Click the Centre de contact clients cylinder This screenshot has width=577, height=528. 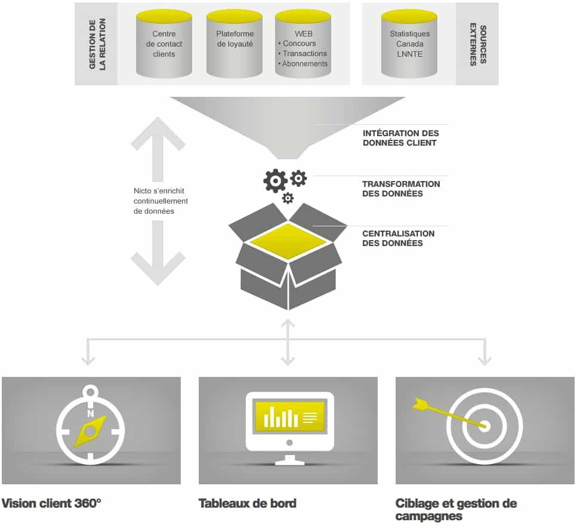[163, 44]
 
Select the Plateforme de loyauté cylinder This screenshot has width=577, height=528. [234, 44]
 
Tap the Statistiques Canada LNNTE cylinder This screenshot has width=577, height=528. [409, 44]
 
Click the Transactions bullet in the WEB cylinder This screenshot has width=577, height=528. [303, 53]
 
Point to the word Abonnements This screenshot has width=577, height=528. [305, 64]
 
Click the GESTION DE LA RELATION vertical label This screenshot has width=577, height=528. [97, 44]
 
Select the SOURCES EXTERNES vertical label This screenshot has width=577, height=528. [478, 44]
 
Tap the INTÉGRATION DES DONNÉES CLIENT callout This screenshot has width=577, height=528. [401, 138]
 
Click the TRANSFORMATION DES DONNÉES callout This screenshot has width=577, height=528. [401, 189]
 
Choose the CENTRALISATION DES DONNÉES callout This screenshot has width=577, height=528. [398, 238]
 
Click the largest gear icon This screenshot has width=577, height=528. [275, 181]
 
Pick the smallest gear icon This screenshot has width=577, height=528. [288, 198]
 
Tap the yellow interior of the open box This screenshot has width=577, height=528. [288, 241]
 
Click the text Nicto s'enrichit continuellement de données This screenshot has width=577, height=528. [161, 201]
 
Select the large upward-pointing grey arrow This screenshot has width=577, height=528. [158, 149]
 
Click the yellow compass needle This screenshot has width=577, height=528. [90, 431]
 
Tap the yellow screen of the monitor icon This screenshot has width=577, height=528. [289, 417]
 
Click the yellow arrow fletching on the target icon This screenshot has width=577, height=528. [419, 404]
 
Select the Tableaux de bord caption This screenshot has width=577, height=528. [247, 504]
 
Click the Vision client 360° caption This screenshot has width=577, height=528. [51, 504]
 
